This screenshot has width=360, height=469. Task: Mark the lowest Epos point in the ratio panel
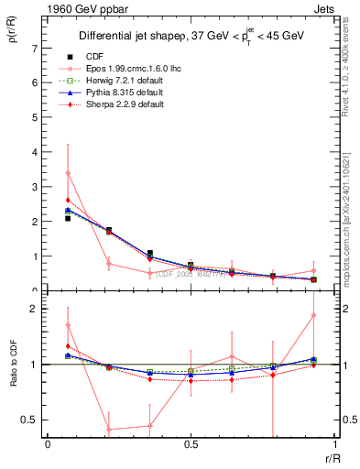click(x=109, y=429)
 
